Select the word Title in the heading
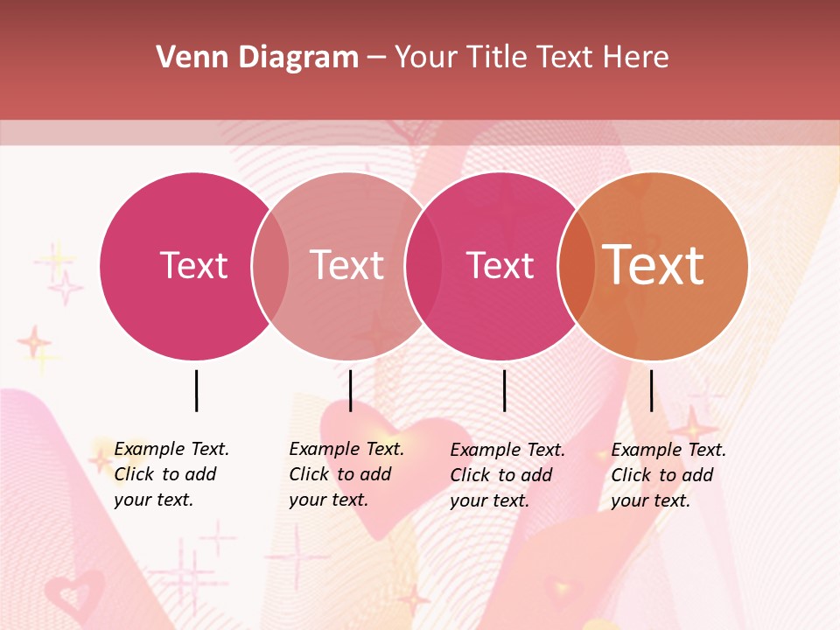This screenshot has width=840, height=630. [x=500, y=58]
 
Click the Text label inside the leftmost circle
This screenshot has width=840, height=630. [x=193, y=265]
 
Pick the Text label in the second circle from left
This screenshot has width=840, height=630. [x=346, y=265]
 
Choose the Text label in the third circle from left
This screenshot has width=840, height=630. [x=500, y=265]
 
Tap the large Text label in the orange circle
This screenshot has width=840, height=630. [x=654, y=265]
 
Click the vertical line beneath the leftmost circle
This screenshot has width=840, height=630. [x=196, y=390]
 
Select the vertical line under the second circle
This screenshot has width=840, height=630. [x=350, y=390]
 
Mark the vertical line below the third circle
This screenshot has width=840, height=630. [x=504, y=390]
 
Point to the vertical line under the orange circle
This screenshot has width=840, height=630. [x=651, y=390]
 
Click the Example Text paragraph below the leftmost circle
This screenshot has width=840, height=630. [x=171, y=474]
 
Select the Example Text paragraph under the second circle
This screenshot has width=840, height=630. [x=346, y=474]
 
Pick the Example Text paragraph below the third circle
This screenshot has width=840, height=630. [x=507, y=475]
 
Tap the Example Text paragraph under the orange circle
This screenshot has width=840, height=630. [x=668, y=475]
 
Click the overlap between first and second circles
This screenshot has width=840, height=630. [x=270, y=266]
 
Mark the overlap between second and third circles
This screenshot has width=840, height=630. [x=423, y=266]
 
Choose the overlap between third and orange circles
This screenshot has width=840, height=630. [x=577, y=266]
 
